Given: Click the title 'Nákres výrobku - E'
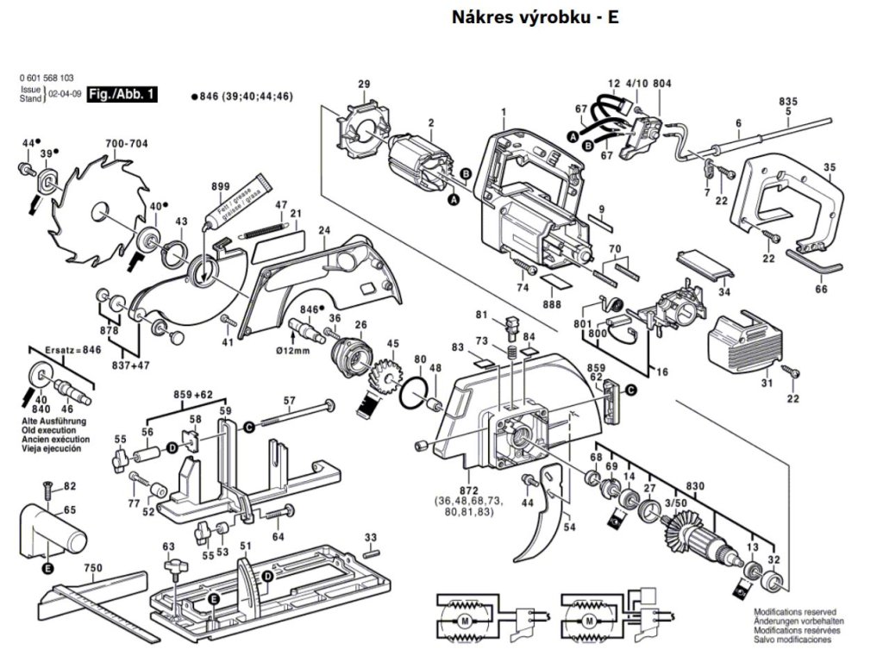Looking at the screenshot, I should click(535, 17).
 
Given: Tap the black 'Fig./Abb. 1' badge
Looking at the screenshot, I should click(124, 95).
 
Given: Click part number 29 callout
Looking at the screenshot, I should click(364, 84).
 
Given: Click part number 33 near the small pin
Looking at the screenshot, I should click(371, 538).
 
